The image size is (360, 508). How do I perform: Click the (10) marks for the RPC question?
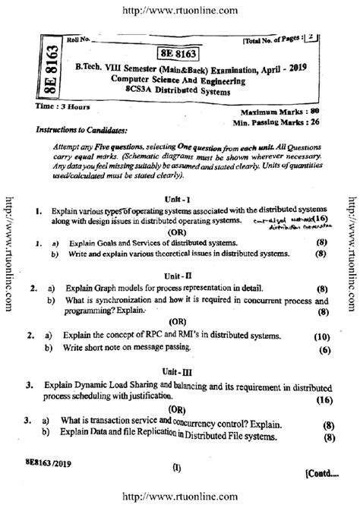321,336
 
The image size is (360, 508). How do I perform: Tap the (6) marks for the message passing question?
324,350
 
